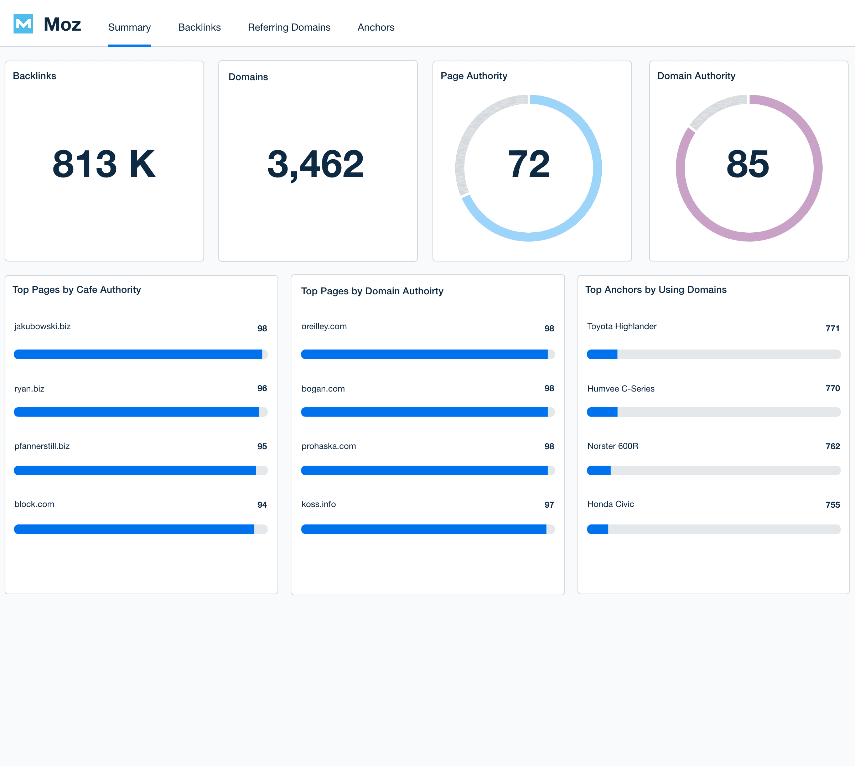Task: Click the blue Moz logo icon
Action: [x=23, y=24]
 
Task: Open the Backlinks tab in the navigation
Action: [x=199, y=27]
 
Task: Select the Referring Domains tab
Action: [x=289, y=27]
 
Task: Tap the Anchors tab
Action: [x=375, y=27]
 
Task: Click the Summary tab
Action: [x=129, y=27]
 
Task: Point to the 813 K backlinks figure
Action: [x=104, y=164]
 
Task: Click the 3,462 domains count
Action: [x=315, y=164]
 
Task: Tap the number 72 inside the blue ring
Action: [x=528, y=164]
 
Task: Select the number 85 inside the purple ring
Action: [x=748, y=164]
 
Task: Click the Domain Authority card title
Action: [x=696, y=76]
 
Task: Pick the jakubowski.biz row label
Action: [x=42, y=326]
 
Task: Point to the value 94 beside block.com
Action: [x=262, y=504]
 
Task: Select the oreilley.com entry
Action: [x=323, y=326]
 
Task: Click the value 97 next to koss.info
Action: [x=549, y=504]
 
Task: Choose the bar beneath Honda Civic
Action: [x=713, y=529]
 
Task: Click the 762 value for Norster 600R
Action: [x=832, y=446]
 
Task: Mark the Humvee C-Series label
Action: [x=621, y=388]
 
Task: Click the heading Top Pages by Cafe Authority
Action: [x=77, y=290]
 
